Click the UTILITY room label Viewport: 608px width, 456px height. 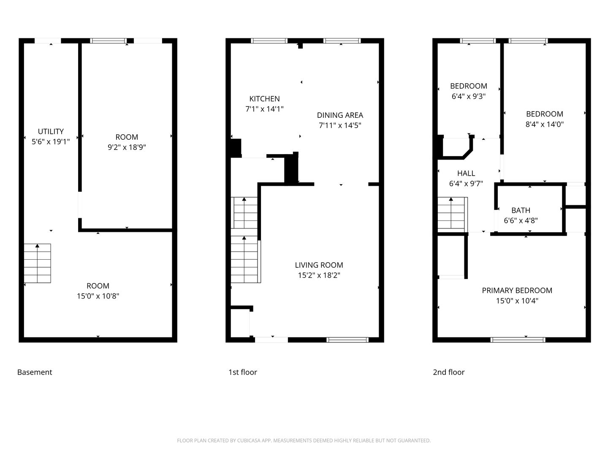[x=51, y=131]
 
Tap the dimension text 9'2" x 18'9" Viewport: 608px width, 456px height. [x=127, y=147]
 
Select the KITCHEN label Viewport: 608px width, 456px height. [x=264, y=98]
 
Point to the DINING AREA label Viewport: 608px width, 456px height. [x=340, y=115]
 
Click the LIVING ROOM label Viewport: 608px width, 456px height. [x=319, y=265]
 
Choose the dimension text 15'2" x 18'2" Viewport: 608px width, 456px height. [x=319, y=275]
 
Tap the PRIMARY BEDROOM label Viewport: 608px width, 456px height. [x=517, y=290]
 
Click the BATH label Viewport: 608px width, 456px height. [x=521, y=210]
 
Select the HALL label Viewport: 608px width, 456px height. [x=466, y=173]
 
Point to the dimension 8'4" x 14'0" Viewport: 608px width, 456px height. [x=544, y=124]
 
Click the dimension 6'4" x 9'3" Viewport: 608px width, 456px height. [x=468, y=96]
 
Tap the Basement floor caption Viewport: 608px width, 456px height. [x=35, y=372]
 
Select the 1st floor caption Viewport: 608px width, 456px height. [x=243, y=372]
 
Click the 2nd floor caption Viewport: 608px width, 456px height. [x=448, y=372]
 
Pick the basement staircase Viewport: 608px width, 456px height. [x=38, y=263]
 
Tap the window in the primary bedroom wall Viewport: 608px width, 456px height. [x=517, y=340]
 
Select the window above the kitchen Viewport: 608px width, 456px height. [x=269, y=41]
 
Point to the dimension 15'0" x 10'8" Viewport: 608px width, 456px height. [x=98, y=296]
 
